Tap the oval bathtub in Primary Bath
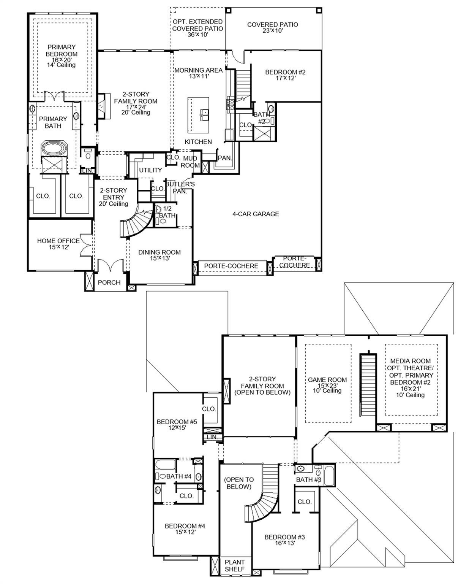(x=53, y=148)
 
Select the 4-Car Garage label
(x=256, y=214)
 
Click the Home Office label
(x=58, y=241)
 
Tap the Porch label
(x=109, y=282)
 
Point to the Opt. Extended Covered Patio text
(x=197, y=25)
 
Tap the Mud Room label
(x=190, y=162)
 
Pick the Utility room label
(x=150, y=170)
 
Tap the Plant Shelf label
(x=234, y=565)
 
